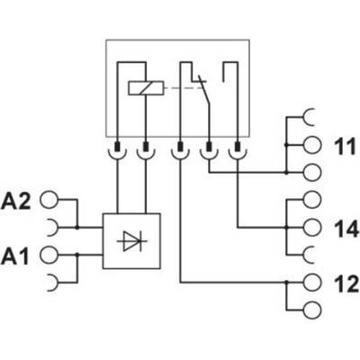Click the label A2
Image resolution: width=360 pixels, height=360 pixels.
[x=16, y=202]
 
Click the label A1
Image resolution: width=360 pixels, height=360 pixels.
[x=15, y=256]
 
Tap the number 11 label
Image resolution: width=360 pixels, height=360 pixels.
[x=346, y=147]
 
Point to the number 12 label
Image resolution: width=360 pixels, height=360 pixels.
[x=346, y=284]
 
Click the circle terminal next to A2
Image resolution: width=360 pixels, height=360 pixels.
[x=49, y=200]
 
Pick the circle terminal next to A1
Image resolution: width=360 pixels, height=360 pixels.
[x=49, y=255]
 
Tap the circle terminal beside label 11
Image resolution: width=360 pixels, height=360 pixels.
[x=312, y=145]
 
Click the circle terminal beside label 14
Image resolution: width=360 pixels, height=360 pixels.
[x=312, y=228]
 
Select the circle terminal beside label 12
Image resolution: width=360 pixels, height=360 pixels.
[x=312, y=283]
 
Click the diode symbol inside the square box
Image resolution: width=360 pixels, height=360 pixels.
[x=131, y=241]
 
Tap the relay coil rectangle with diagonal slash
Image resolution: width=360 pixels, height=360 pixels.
[x=146, y=88]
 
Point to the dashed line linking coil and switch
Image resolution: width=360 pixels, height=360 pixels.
[x=183, y=88]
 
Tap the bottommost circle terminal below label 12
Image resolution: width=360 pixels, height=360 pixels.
[x=312, y=310]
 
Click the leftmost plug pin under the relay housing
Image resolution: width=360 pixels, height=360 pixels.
[x=117, y=147]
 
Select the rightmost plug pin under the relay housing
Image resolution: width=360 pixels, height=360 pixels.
[x=238, y=147]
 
